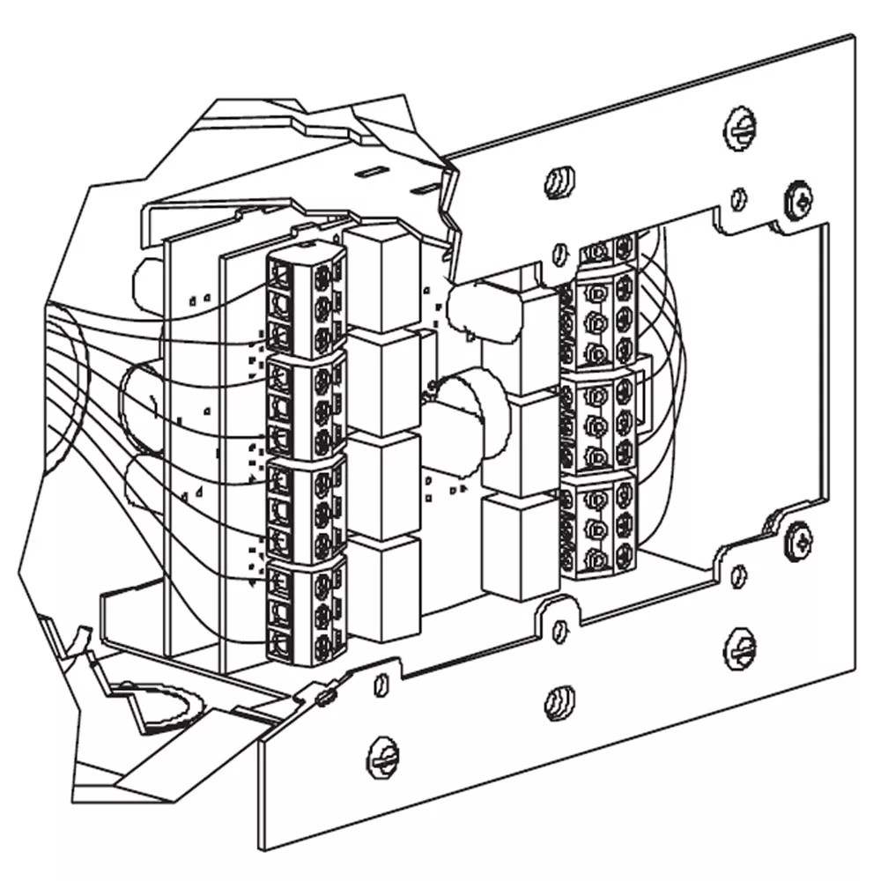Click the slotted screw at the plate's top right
click(x=741, y=130)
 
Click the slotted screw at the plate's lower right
click(x=739, y=648)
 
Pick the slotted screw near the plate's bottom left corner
click(x=385, y=755)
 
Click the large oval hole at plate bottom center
click(x=559, y=702)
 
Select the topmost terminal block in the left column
click(x=304, y=300)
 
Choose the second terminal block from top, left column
click(x=304, y=405)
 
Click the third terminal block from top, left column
click(x=304, y=507)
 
